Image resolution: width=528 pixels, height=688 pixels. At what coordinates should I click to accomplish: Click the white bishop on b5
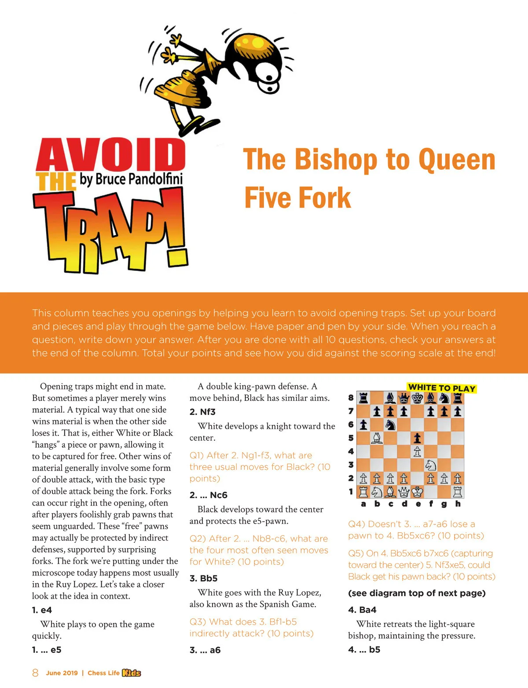[377, 438]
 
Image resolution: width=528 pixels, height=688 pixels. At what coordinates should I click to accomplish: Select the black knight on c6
[390, 425]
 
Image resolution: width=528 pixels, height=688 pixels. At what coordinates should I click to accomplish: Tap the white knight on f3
[431, 465]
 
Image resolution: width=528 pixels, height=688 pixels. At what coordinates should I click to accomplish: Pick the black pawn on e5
[417, 438]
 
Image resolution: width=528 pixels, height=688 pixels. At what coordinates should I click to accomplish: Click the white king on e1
[417, 491]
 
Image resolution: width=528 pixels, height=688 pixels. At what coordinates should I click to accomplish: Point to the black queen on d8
[404, 398]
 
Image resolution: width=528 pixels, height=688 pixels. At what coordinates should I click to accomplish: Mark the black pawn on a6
[363, 425]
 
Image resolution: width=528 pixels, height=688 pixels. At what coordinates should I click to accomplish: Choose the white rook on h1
[458, 491]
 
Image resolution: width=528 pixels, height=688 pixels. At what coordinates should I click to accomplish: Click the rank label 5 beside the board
[351, 438]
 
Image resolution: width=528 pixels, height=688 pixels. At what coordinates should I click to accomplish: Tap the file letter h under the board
[458, 504]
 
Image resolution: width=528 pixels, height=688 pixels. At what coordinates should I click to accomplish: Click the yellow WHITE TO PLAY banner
[442, 388]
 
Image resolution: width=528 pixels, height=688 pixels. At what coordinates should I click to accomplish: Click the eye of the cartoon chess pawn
[269, 82]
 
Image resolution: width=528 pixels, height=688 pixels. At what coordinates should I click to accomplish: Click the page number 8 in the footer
[35, 673]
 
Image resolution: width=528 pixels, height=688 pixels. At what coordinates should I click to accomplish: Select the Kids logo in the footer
[131, 673]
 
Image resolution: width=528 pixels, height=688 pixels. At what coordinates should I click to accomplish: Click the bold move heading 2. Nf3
[202, 412]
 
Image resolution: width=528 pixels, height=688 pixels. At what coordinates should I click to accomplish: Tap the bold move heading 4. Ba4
[362, 610]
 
